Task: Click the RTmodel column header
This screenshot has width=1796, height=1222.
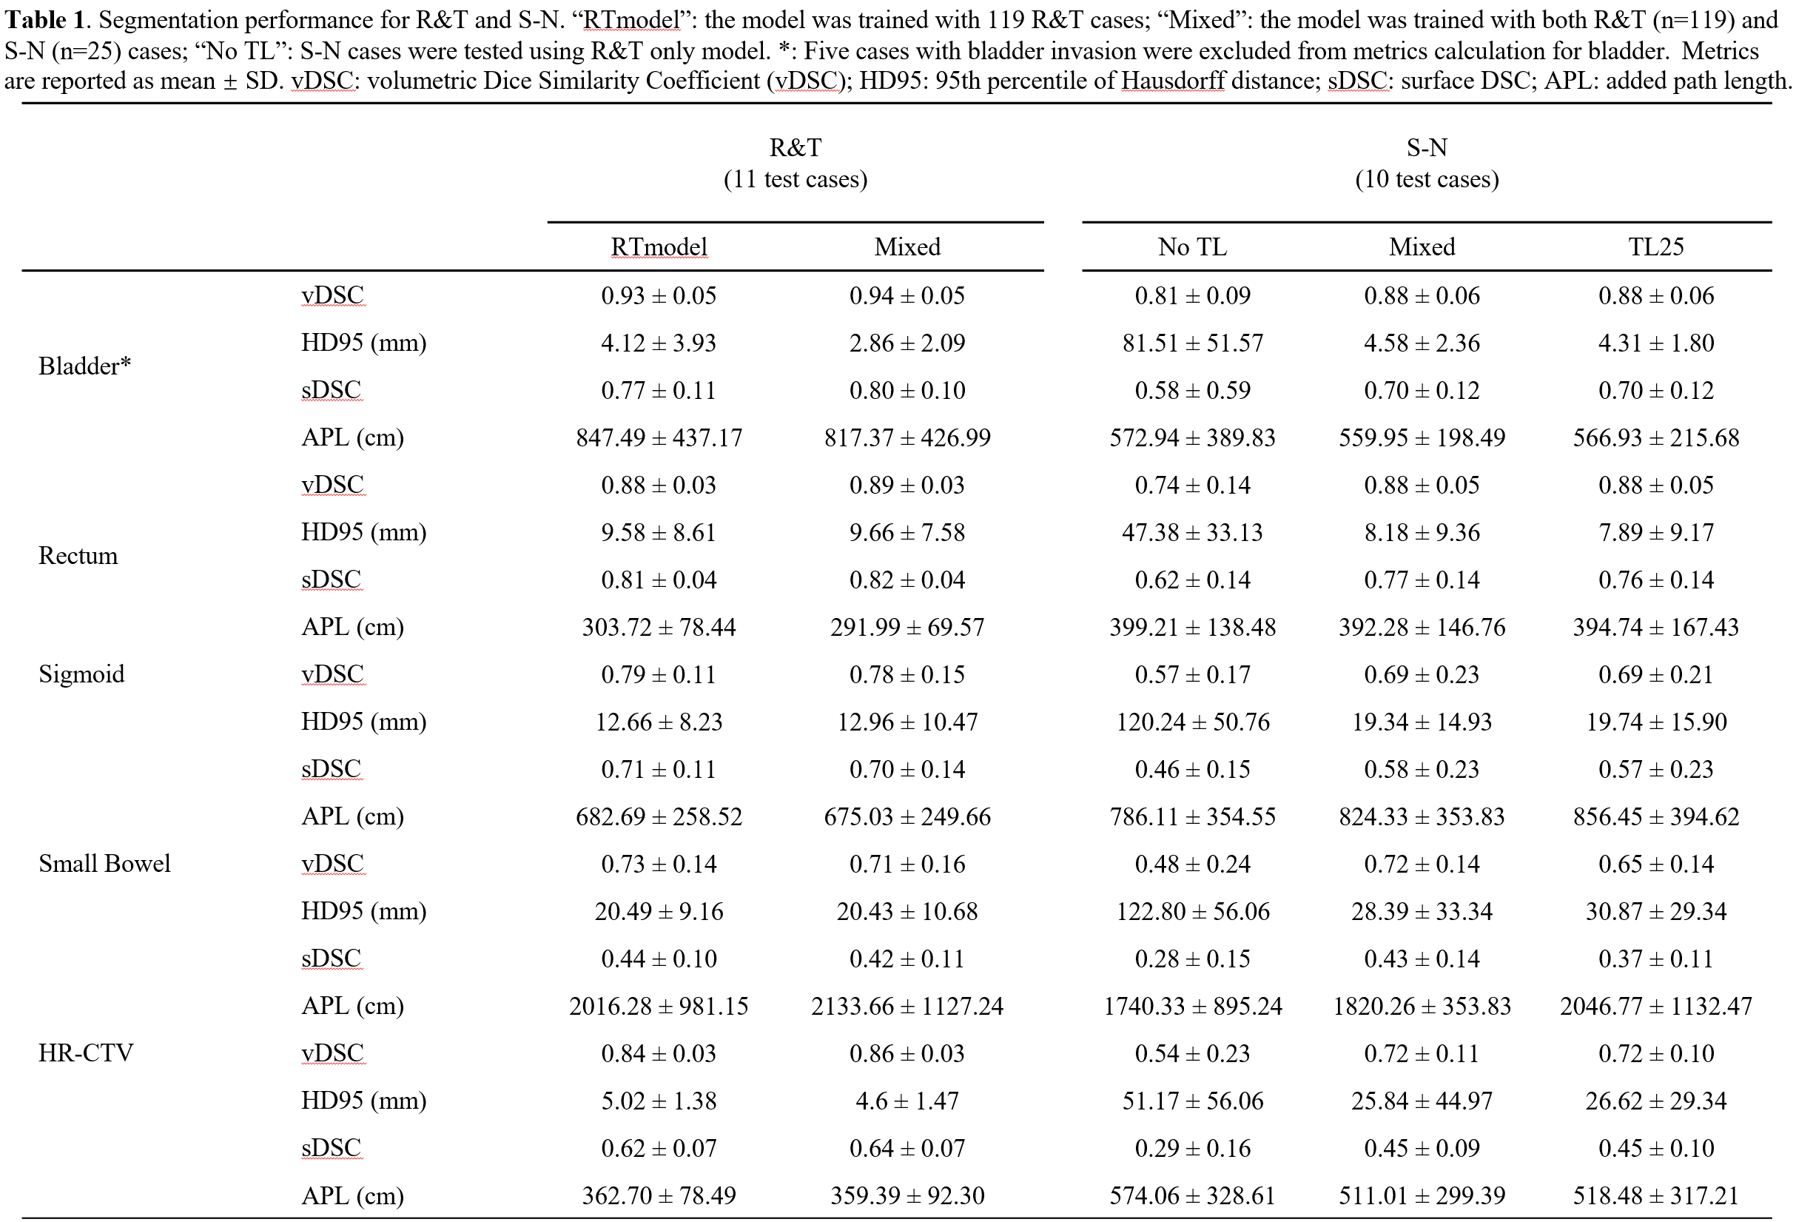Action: click(659, 246)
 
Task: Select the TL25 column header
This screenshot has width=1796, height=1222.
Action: click(1655, 246)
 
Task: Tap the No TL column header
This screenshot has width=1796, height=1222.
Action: click(1192, 246)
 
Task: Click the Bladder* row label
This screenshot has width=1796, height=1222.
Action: click(85, 366)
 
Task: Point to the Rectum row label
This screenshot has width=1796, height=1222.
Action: click(78, 555)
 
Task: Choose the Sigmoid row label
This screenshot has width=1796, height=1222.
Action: click(81, 674)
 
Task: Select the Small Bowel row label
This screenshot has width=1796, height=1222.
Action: click(104, 862)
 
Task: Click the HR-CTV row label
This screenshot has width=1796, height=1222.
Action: click(86, 1052)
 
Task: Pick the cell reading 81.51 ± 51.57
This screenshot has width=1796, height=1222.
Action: click(1192, 343)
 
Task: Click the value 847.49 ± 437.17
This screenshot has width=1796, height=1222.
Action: click(659, 437)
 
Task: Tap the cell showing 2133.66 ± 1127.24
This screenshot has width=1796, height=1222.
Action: click(907, 1006)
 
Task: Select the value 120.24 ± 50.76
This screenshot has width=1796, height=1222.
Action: click(1192, 721)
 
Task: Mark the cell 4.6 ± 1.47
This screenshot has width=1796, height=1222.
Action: click(907, 1100)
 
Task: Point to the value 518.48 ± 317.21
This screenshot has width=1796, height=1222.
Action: click(1655, 1195)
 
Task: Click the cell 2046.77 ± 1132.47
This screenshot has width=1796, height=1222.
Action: click(1655, 1006)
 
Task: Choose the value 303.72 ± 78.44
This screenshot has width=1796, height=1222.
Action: click(659, 627)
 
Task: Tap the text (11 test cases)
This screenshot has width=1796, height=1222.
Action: click(796, 179)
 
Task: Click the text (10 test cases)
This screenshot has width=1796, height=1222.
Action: click(1427, 179)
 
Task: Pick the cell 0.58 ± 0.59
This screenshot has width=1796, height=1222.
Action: click(1192, 389)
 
